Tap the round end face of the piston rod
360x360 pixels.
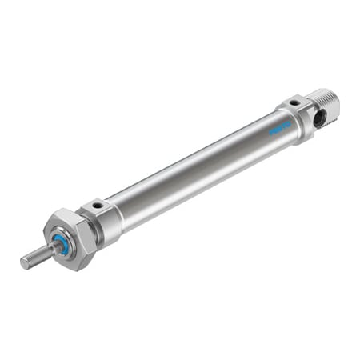24,262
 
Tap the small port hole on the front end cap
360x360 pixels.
98,205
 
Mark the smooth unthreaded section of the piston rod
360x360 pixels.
48,251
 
